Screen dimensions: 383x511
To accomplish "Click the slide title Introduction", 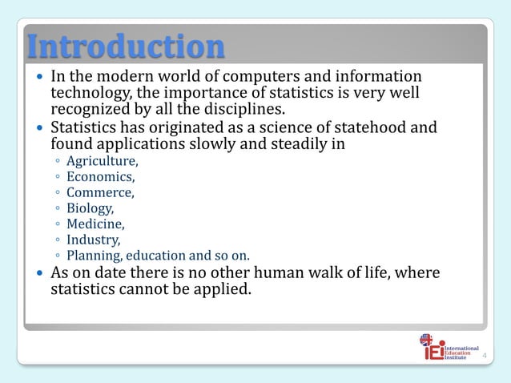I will pyautogui.click(x=125, y=46).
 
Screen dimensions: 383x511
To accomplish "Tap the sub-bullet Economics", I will pyautogui.click(x=100, y=177).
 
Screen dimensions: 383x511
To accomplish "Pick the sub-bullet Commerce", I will pyautogui.click(x=100, y=192).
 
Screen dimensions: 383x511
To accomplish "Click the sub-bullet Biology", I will pyautogui.click(x=90, y=208).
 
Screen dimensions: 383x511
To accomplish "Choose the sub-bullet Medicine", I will pyautogui.click(x=95, y=224).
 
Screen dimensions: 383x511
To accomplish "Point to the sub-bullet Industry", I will pyautogui.click(x=93, y=240).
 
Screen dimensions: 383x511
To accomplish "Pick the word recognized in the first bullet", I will pyautogui.click(x=90, y=108).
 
